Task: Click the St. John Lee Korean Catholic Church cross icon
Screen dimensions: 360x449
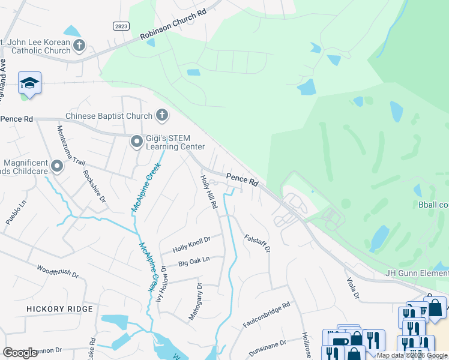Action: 79,45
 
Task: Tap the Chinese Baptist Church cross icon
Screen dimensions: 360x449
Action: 161,115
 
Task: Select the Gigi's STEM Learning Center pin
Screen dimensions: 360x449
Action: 137,142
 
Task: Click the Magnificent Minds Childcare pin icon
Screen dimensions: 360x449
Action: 58,166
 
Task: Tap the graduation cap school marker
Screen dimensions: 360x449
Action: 29,83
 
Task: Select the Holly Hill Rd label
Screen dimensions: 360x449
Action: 209,191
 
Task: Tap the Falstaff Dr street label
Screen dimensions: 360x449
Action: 258,243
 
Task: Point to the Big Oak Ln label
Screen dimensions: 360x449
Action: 194,262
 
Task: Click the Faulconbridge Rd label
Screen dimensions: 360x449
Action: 267,315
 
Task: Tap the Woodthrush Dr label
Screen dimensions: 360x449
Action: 58,272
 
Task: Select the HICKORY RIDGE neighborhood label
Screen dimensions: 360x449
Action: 59,309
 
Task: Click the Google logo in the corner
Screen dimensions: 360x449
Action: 20,352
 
